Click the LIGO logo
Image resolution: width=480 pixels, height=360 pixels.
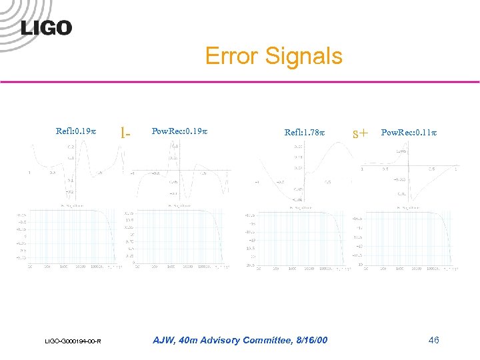[x=46, y=27]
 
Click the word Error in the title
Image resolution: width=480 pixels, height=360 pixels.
[x=231, y=56]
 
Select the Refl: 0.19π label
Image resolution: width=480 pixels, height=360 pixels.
[x=76, y=131]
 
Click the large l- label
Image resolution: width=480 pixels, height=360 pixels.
[x=124, y=131]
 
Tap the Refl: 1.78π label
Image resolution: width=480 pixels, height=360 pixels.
[x=305, y=132]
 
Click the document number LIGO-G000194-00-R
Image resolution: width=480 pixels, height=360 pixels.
[x=73, y=342]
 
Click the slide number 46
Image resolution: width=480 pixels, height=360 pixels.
[x=433, y=341]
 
